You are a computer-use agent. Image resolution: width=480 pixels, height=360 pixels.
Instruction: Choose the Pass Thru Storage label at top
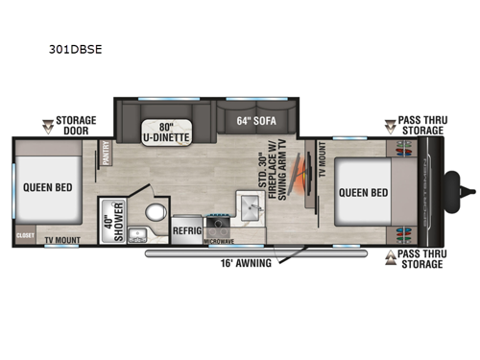click(421, 126)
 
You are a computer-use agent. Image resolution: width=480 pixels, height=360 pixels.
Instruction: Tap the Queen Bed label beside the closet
click(44, 187)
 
